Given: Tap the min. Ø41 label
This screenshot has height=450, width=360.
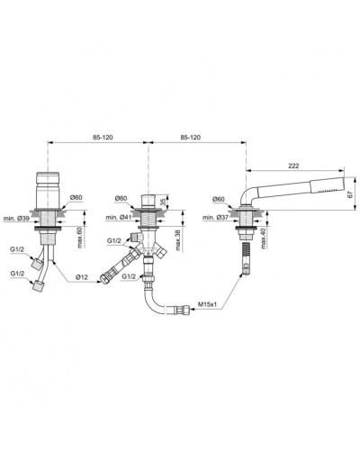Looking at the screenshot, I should (x=117, y=219).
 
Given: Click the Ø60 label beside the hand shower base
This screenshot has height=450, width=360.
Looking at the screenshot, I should (x=218, y=198).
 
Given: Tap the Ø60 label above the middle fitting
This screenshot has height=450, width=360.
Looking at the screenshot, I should (x=120, y=198).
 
